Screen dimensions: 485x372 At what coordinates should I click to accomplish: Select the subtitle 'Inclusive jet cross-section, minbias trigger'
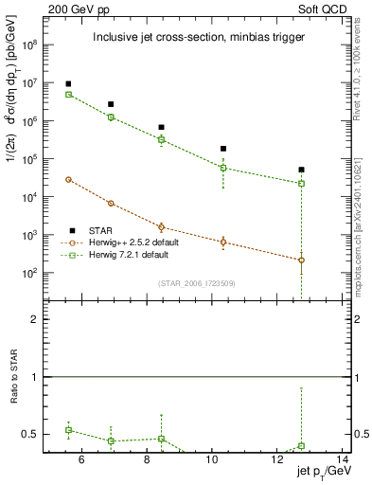tap(198, 38)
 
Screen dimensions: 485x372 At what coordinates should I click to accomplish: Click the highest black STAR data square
tap(68, 84)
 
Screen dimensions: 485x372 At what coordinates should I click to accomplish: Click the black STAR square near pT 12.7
tap(301, 170)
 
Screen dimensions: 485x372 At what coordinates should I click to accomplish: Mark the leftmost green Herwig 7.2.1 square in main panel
tap(68, 95)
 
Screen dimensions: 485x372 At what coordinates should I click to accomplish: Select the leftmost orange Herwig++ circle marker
tap(68, 179)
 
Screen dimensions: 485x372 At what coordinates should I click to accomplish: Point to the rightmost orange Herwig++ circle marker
tap(301, 260)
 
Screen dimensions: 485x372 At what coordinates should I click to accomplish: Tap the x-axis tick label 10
tap(213, 461)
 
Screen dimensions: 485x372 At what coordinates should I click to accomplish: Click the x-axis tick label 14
tap(344, 461)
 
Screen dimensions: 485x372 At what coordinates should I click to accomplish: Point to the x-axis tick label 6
tap(81, 461)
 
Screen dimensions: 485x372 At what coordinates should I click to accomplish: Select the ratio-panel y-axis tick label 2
tap(36, 320)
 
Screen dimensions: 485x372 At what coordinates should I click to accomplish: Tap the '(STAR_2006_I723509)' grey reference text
tap(197, 283)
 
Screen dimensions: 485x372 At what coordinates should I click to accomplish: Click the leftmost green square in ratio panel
tap(68, 430)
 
